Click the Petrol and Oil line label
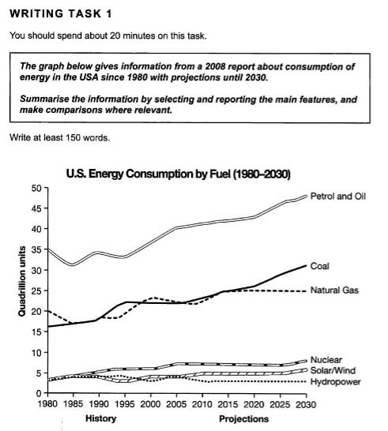[x=338, y=197]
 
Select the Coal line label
[x=319, y=266]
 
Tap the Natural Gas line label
[x=334, y=290]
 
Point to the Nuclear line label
[x=326, y=360]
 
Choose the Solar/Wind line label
[x=333, y=370]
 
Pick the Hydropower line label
[x=335, y=382]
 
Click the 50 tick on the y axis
[x=36, y=189]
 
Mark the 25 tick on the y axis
[x=36, y=290]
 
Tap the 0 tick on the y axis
[x=39, y=394]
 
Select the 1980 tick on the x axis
[x=48, y=404]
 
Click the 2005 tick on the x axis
[x=176, y=404]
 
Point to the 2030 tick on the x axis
[x=306, y=404]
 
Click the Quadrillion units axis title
[x=22, y=281]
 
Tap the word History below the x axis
[x=100, y=418]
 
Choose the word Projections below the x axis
[x=244, y=419]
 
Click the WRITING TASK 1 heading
[x=61, y=13]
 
